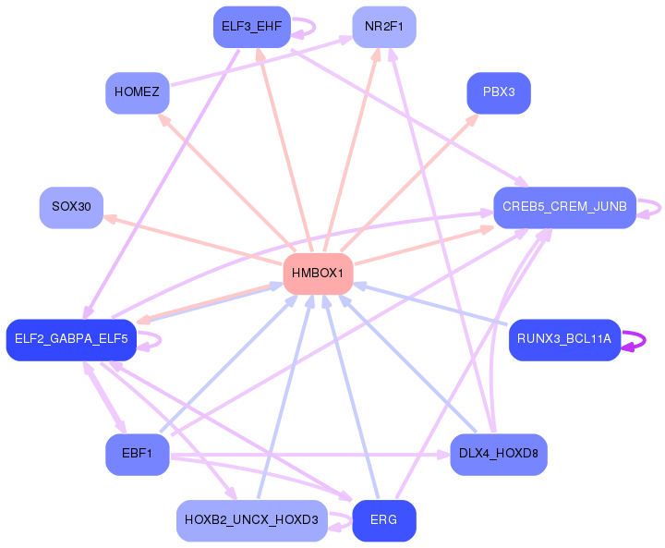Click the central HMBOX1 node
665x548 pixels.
click(318, 274)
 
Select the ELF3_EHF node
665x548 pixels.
click(252, 26)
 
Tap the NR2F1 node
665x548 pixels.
click(384, 26)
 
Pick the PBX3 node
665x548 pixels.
click(499, 92)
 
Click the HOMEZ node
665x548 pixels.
click(137, 92)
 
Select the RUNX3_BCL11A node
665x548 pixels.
click(564, 339)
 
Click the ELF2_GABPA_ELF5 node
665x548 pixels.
click(71, 339)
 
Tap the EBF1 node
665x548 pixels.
click(137, 454)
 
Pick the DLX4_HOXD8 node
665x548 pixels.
click(499, 454)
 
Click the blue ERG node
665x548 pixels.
click(384, 520)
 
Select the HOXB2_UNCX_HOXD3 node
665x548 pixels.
click(252, 520)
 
